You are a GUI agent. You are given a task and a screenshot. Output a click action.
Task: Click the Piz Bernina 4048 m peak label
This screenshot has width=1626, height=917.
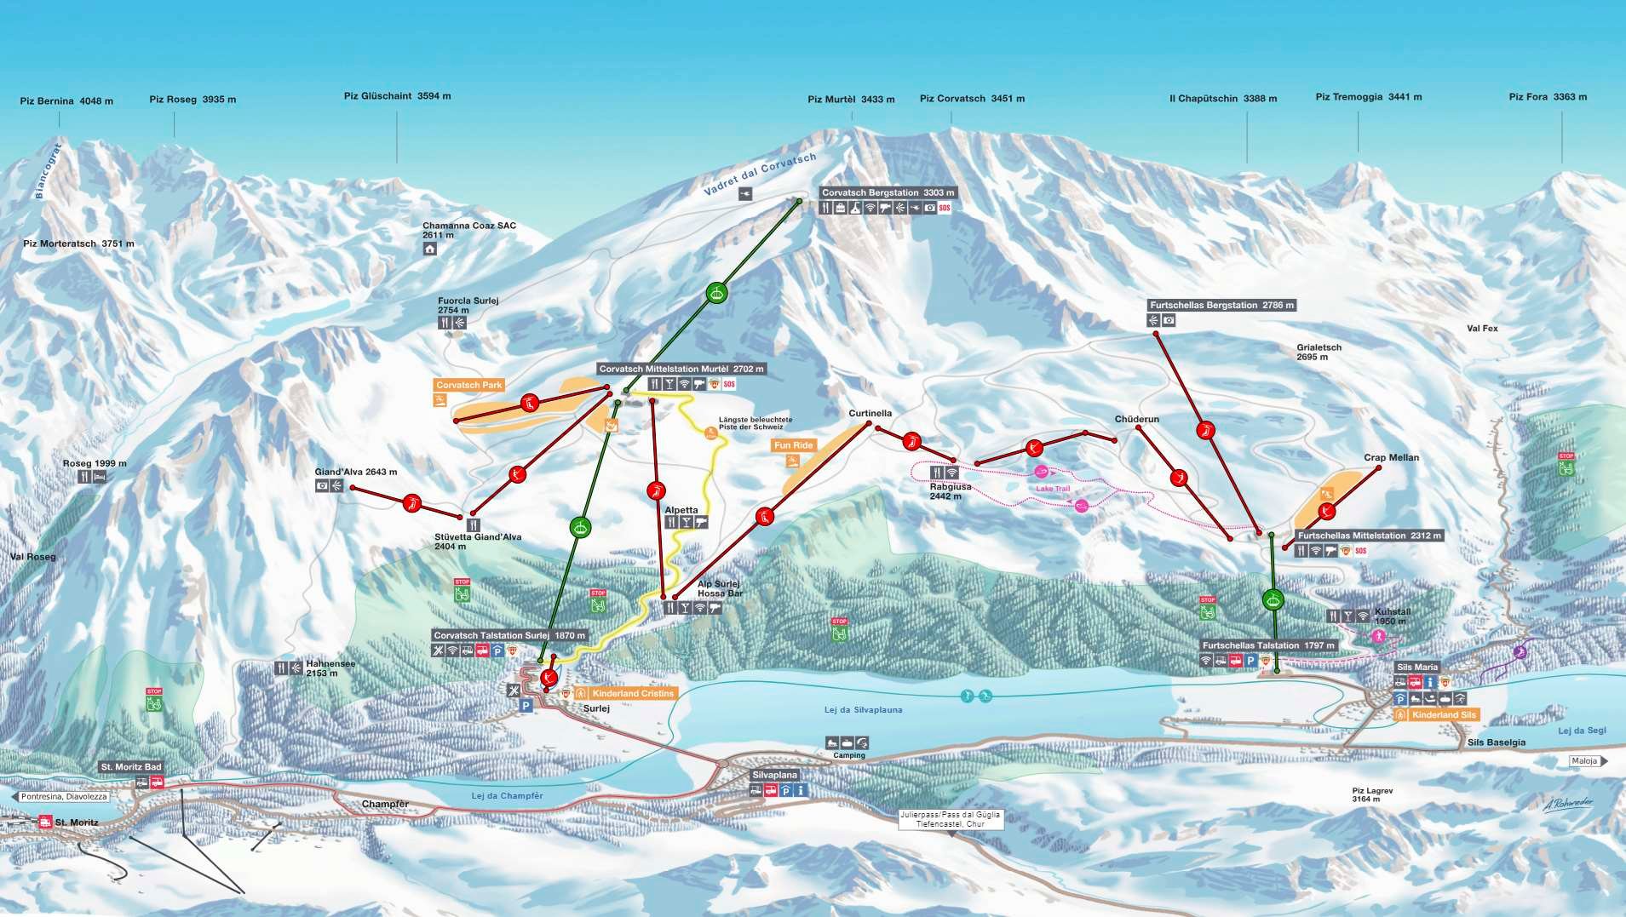coord(66,101)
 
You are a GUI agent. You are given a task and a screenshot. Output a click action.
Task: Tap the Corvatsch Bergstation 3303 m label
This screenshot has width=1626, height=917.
coord(888,193)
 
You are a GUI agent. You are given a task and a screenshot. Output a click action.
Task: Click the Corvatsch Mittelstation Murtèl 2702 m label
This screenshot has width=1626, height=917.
coord(681,370)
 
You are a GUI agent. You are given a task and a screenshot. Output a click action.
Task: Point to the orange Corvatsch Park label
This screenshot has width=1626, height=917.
coord(469,386)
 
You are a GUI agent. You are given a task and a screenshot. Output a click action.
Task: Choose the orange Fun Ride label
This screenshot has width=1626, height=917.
coord(793,445)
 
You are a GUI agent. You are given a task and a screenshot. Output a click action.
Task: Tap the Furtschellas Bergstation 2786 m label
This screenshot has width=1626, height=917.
coord(1221,306)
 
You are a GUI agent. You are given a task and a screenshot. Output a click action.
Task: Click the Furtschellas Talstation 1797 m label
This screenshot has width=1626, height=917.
coord(1268,646)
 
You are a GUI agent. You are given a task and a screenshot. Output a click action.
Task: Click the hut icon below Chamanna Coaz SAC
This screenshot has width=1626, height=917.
coord(430,249)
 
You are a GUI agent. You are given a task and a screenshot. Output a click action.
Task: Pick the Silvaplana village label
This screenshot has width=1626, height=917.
coord(775,776)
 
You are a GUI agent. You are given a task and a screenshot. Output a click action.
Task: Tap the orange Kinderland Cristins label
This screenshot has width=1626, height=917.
coord(633,694)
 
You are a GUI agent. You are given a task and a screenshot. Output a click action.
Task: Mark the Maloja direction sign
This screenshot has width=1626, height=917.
coord(1585,761)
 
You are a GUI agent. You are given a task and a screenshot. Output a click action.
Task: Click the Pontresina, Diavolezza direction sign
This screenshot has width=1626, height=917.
coord(64,797)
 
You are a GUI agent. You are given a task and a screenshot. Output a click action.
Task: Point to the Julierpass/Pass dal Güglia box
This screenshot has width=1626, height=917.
coord(950,819)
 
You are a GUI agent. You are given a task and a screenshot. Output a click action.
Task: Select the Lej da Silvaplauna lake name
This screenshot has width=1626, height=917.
coord(863,710)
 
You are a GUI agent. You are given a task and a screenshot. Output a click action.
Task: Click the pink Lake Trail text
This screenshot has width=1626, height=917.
coord(1053,489)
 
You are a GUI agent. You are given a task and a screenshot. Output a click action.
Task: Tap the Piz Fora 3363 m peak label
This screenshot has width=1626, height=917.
coord(1548,97)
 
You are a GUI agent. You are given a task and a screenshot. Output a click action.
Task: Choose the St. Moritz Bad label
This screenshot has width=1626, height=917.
coord(131,767)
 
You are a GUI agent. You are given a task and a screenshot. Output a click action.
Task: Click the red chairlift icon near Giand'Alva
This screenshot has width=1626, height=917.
coord(412,504)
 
